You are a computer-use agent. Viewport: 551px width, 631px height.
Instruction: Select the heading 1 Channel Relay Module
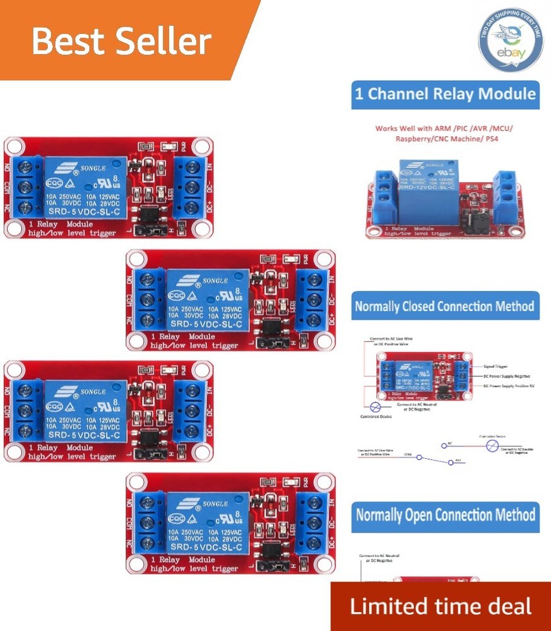click(445, 95)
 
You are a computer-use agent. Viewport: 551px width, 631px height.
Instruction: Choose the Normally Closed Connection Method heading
click(445, 307)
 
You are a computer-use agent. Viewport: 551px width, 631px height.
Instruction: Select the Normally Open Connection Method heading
click(445, 514)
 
